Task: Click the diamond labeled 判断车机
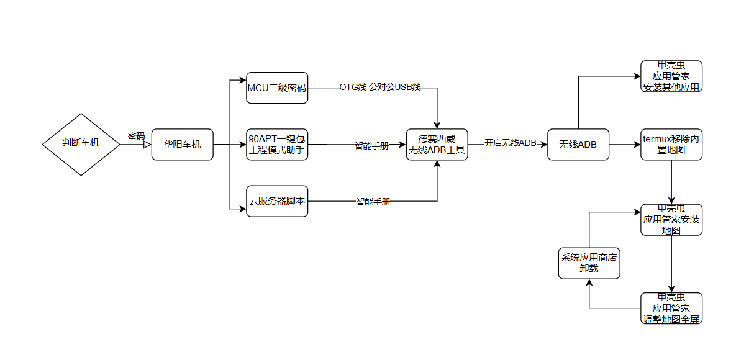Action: point(81,144)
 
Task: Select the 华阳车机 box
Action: point(182,145)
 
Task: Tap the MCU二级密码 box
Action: point(277,88)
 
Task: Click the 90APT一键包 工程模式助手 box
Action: point(277,145)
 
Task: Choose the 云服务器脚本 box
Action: point(277,201)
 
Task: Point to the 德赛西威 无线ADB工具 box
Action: point(437,145)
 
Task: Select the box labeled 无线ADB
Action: point(578,145)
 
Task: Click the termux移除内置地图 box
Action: point(671,145)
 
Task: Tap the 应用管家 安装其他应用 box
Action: point(671,76)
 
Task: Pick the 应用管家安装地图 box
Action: point(671,220)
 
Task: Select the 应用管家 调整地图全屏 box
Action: point(671,308)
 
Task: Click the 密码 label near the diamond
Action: point(136,135)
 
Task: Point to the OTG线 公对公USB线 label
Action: point(380,88)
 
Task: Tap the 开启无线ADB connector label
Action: point(510,143)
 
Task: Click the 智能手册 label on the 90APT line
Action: point(371,146)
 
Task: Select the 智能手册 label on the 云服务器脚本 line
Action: point(373,202)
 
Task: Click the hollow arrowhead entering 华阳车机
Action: point(147,145)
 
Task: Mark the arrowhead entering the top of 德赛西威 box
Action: point(437,125)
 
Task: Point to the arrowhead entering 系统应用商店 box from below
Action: point(589,283)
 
